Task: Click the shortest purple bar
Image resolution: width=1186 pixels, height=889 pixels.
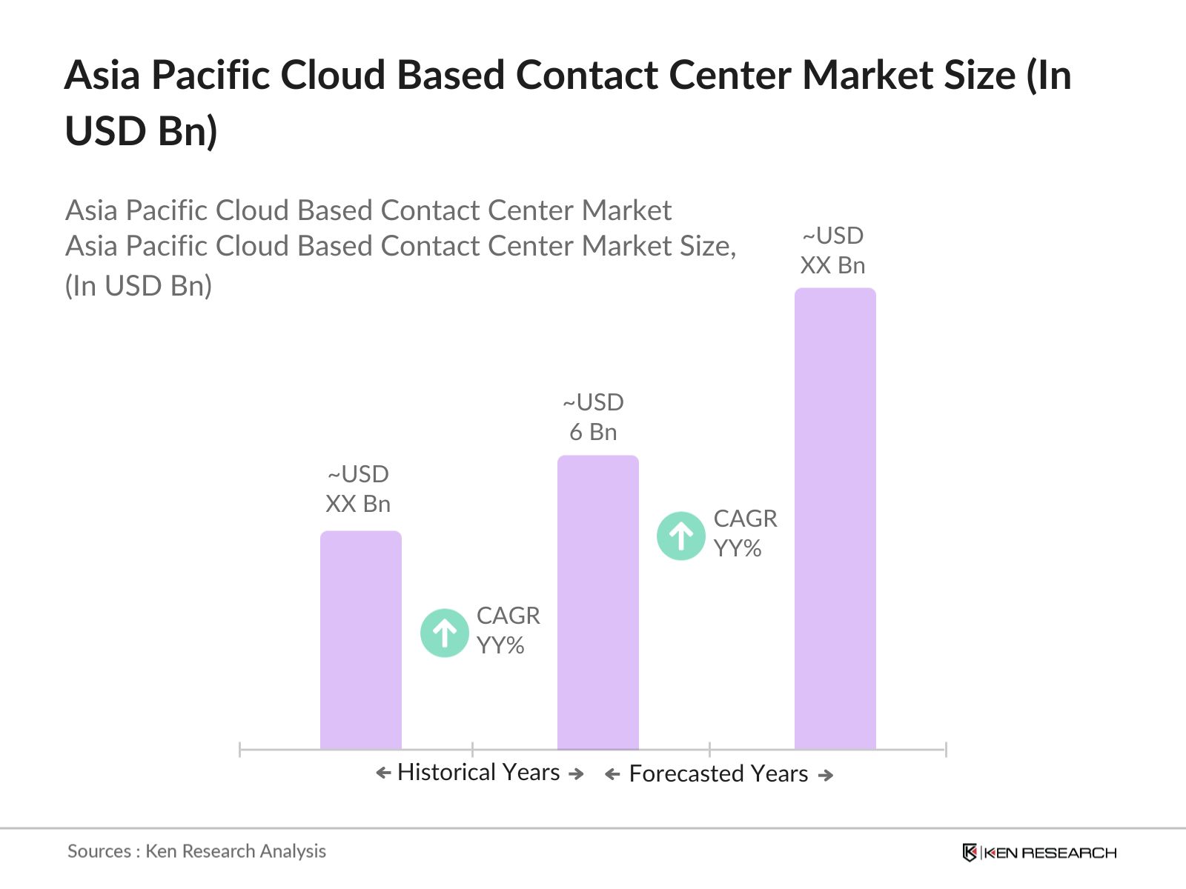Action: pos(361,640)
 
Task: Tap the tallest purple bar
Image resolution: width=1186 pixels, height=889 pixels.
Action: pos(835,519)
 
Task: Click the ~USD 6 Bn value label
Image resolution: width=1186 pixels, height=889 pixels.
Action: pos(593,417)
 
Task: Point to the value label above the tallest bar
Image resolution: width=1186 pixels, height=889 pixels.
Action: pos(833,250)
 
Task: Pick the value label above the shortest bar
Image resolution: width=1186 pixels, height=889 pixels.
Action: pos(358,489)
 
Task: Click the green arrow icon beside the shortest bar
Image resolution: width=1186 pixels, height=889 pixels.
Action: pos(445,633)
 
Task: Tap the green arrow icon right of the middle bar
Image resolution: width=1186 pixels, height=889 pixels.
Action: pos(681,536)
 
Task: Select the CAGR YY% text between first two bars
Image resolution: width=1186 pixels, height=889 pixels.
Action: pos(508,630)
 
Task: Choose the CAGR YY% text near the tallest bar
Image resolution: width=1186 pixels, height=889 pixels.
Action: pos(745,533)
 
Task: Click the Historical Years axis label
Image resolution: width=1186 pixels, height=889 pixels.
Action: pos(479,773)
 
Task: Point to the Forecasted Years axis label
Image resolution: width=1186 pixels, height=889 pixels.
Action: pos(718,774)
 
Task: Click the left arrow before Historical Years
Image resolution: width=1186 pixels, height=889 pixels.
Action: pos(383,773)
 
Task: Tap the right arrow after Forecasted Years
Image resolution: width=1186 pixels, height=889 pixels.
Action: pos(826,775)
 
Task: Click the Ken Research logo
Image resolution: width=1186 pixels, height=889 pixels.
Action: pos(1039,853)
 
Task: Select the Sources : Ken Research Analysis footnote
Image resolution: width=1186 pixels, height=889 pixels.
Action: pos(196,851)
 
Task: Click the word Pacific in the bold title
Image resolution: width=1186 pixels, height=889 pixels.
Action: pos(208,76)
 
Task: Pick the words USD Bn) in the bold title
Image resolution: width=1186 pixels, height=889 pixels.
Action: pos(141,132)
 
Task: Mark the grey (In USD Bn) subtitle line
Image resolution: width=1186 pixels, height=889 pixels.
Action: pos(139,286)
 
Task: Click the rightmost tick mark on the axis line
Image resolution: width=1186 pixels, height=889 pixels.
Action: pos(946,750)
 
